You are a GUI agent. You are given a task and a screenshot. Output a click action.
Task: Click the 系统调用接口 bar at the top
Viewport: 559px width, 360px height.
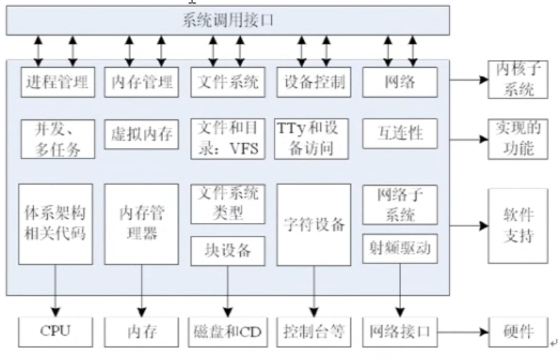pos(228,21)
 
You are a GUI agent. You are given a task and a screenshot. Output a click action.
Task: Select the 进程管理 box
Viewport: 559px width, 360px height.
pos(57,82)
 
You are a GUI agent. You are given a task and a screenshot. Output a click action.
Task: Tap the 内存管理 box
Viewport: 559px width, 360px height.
pos(142,82)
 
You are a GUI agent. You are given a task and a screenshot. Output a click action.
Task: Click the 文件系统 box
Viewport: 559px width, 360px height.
pos(228,82)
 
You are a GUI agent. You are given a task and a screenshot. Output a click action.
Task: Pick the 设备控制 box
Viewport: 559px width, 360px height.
pos(314,82)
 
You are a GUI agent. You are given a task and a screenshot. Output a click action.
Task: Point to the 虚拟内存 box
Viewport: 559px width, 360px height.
pos(142,133)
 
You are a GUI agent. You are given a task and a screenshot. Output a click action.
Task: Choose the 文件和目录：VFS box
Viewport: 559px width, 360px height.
pos(228,139)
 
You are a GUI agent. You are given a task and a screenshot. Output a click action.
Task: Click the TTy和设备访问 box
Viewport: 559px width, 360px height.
pos(314,139)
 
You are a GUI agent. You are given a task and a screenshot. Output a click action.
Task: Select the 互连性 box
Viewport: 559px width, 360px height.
pos(400,133)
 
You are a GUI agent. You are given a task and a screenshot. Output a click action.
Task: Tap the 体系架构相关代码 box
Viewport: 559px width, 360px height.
pos(55,224)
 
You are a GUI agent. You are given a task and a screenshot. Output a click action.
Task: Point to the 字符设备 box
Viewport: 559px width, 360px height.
pos(314,224)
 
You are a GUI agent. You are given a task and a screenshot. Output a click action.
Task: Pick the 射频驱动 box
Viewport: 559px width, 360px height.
pos(400,248)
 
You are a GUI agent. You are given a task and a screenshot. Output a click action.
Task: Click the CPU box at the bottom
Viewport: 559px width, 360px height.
pos(55,331)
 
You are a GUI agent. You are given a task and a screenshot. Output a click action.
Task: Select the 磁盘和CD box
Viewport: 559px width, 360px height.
pos(228,331)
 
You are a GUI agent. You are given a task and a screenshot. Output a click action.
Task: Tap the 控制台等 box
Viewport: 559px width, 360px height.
pos(314,331)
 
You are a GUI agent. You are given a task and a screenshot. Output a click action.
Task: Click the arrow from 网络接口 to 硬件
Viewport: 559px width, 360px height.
pos(462,331)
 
